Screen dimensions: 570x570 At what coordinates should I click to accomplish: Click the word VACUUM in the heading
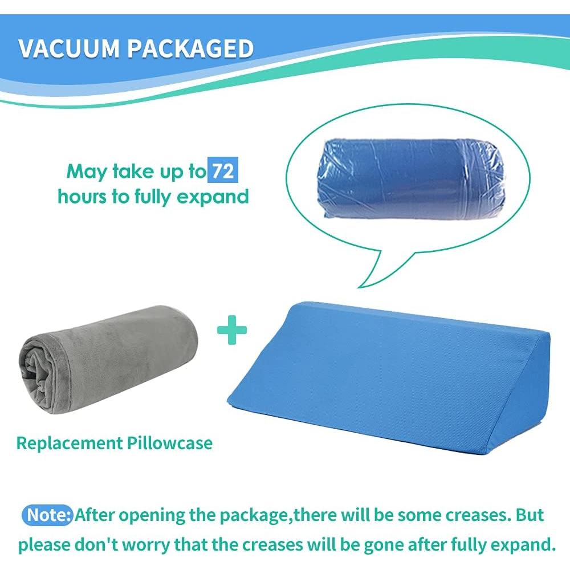point(69,48)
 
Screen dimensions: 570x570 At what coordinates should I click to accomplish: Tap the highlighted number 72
point(223,170)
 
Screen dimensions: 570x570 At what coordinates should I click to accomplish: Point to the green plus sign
point(232,330)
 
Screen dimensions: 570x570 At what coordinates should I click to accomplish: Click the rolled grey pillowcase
point(108,359)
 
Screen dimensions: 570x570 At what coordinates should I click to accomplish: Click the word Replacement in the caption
point(70,443)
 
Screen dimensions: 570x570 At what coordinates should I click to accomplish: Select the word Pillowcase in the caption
point(170,443)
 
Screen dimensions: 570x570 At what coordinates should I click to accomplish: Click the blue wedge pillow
point(388,378)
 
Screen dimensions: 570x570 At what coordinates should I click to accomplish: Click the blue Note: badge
point(48,515)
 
